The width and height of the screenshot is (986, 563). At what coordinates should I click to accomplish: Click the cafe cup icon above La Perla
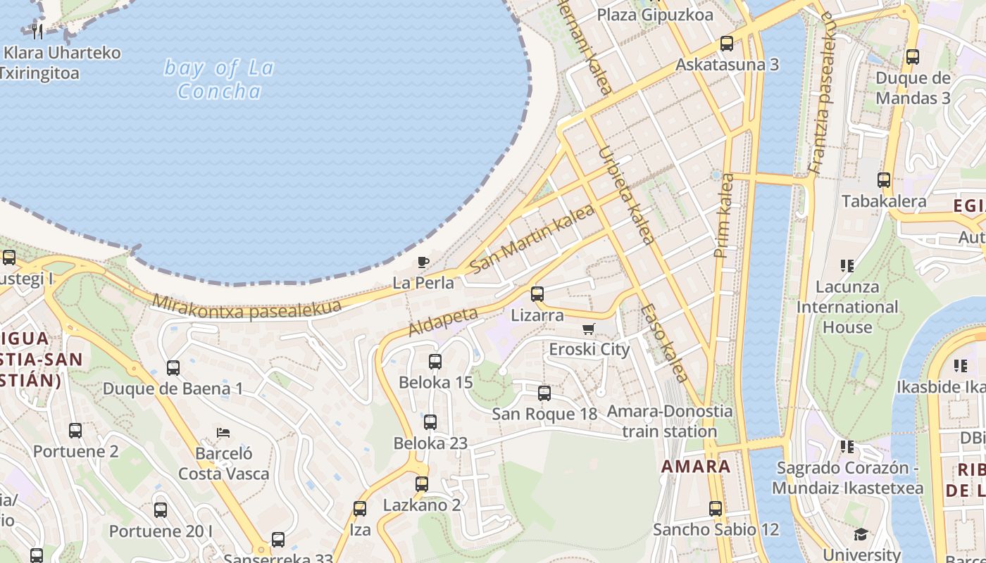click(423, 262)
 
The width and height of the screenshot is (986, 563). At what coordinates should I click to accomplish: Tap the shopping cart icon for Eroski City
click(589, 329)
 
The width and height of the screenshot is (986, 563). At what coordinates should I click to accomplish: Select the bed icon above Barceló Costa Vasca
click(223, 432)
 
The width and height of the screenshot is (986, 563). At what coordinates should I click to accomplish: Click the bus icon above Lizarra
click(537, 294)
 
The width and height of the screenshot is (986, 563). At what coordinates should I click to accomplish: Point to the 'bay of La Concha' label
click(219, 79)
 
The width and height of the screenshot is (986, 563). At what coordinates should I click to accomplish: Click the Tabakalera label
click(884, 201)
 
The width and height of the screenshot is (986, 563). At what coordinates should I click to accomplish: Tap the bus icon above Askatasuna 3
click(727, 44)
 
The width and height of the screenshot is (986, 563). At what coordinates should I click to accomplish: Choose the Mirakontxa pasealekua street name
click(246, 306)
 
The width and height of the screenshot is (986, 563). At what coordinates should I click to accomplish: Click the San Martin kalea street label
click(532, 239)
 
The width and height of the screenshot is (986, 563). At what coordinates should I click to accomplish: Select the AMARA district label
click(695, 466)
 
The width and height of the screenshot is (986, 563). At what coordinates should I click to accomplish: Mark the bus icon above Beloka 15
click(435, 362)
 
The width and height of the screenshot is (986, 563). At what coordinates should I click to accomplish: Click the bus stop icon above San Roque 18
click(544, 393)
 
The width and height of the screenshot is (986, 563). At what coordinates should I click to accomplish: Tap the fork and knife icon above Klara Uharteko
click(38, 31)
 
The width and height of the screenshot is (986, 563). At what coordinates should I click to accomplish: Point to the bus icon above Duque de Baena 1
click(173, 367)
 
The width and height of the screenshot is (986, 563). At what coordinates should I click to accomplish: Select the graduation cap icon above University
click(861, 535)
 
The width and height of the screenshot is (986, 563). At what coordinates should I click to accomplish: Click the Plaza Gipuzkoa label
click(654, 15)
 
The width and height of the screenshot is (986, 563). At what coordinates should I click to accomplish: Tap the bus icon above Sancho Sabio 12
click(716, 509)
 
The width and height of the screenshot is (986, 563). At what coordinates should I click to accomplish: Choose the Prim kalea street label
click(724, 215)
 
